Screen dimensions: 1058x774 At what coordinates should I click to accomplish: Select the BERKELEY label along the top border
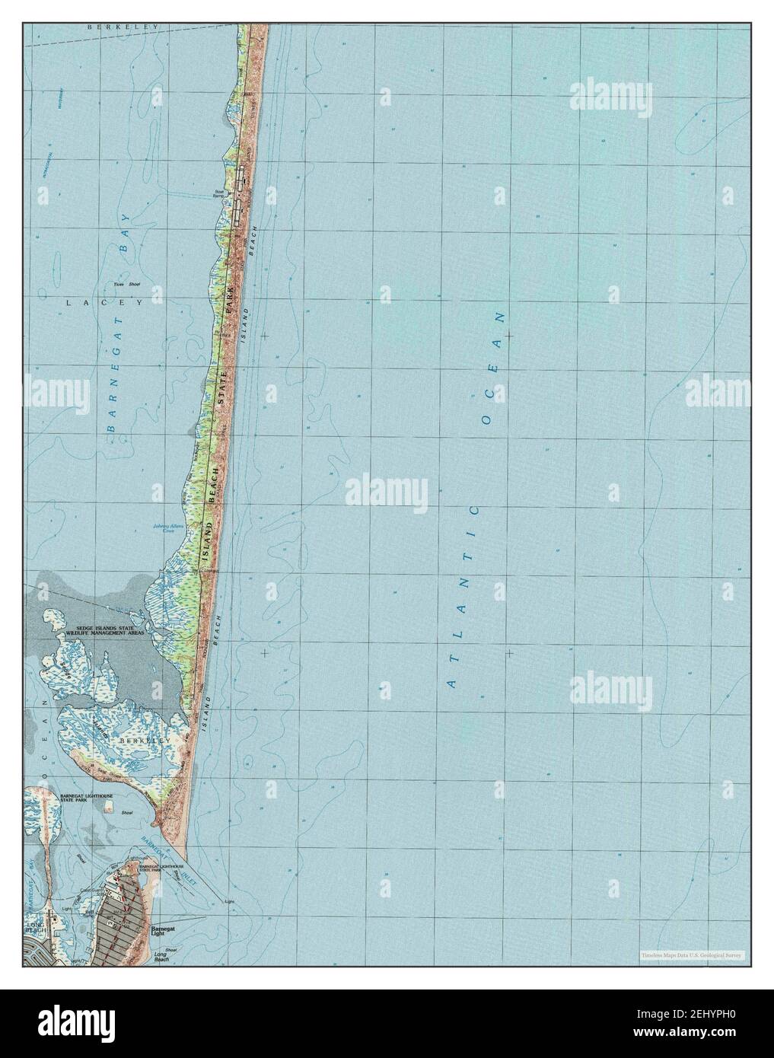click(x=122, y=27)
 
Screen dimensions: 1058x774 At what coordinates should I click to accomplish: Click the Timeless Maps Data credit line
click(x=691, y=955)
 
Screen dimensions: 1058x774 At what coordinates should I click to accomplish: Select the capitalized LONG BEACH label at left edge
click(x=35, y=928)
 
